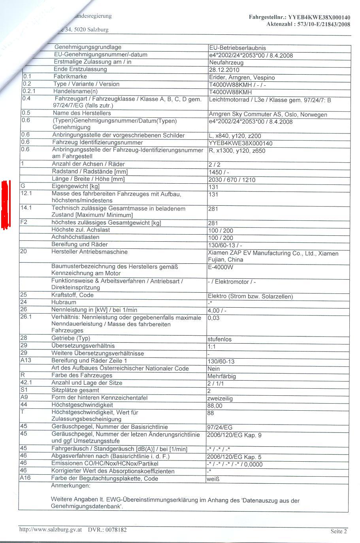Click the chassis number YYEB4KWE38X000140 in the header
point(319,17)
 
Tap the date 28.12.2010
point(224,70)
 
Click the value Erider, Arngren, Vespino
point(241,77)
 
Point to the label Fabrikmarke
point(70,77)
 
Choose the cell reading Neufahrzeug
point(226,62)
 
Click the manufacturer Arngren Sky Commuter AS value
point(268,115)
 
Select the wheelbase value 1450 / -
point(219,172)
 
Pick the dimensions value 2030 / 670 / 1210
point(232,180)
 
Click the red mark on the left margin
point(5,204)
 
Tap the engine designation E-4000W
point(221,267)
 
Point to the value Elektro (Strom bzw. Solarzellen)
point(250,297)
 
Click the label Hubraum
point(64,303)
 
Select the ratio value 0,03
point(213,318)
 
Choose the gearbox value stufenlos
point(219,339)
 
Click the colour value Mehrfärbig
point(221,376)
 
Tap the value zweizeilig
point(220,398)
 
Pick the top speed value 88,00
point(215,406)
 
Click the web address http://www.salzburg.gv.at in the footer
point(51,530)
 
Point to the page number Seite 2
point(339,531)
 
